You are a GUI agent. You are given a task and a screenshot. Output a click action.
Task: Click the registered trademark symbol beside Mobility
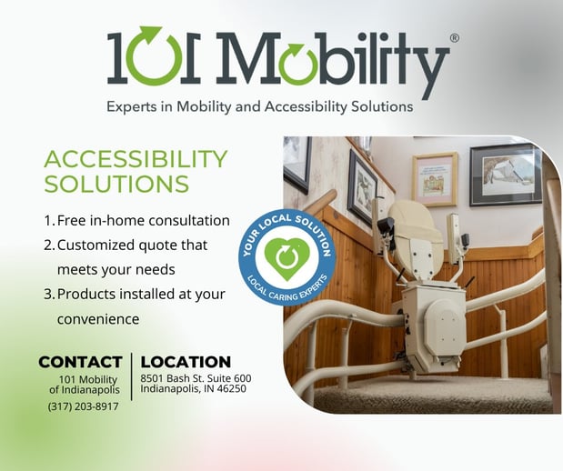point(454,38)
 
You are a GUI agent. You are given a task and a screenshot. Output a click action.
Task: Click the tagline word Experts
point(132,107)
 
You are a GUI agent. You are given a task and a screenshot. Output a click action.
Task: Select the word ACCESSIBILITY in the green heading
point(136,159)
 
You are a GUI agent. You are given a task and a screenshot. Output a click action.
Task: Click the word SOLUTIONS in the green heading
point(116,184)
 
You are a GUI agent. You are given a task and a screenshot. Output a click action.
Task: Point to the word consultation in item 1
point(189,220)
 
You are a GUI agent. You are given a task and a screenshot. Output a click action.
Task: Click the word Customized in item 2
point(96,246)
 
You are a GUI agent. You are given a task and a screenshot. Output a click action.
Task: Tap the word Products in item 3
point(85,294)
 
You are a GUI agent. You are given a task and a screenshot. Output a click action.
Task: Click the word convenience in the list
point(98,319)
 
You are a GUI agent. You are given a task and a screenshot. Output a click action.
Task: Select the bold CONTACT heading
point(80,362)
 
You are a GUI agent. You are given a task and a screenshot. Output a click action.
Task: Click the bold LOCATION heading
point(186,362)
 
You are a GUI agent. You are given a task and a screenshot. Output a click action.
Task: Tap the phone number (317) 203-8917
point(83,406)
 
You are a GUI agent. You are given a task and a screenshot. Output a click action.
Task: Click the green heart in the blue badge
point(287,258)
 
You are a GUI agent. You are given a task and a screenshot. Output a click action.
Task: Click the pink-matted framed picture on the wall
point(435,179)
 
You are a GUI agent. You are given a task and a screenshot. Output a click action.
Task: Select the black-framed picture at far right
point(506,175)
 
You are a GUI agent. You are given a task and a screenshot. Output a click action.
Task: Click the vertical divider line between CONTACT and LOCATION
point(131,376)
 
